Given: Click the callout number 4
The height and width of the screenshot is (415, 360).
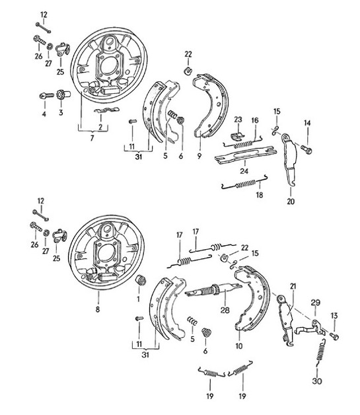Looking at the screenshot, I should point(44,114).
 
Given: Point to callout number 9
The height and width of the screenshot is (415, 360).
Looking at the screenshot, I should point(199,156).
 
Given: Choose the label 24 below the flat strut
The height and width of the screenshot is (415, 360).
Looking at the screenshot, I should point(244,171).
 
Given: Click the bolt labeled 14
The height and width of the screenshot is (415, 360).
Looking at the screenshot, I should point(306,151).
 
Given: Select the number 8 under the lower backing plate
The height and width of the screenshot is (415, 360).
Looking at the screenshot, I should point(98,309).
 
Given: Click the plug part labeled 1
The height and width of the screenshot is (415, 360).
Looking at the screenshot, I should point(139,283).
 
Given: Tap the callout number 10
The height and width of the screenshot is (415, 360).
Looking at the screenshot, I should point(238,346).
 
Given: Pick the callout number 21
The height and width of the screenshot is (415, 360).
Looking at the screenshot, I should point(293,285).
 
